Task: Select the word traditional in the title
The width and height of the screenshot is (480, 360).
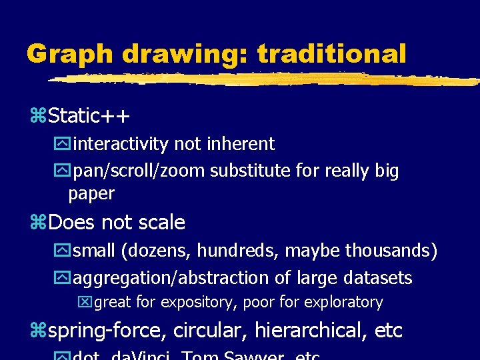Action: (x=331, y=53)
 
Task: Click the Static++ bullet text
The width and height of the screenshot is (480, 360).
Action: (x=89, y=116)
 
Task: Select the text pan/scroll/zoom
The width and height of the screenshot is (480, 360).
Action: (x=139, y=171)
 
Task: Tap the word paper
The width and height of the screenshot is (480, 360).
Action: (x=91, y=194)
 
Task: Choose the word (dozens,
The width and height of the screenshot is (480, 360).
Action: (x=157, y=251)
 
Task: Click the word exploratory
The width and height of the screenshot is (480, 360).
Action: (x=343, y=303)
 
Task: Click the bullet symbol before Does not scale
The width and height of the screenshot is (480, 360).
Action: (x=39, y=223)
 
